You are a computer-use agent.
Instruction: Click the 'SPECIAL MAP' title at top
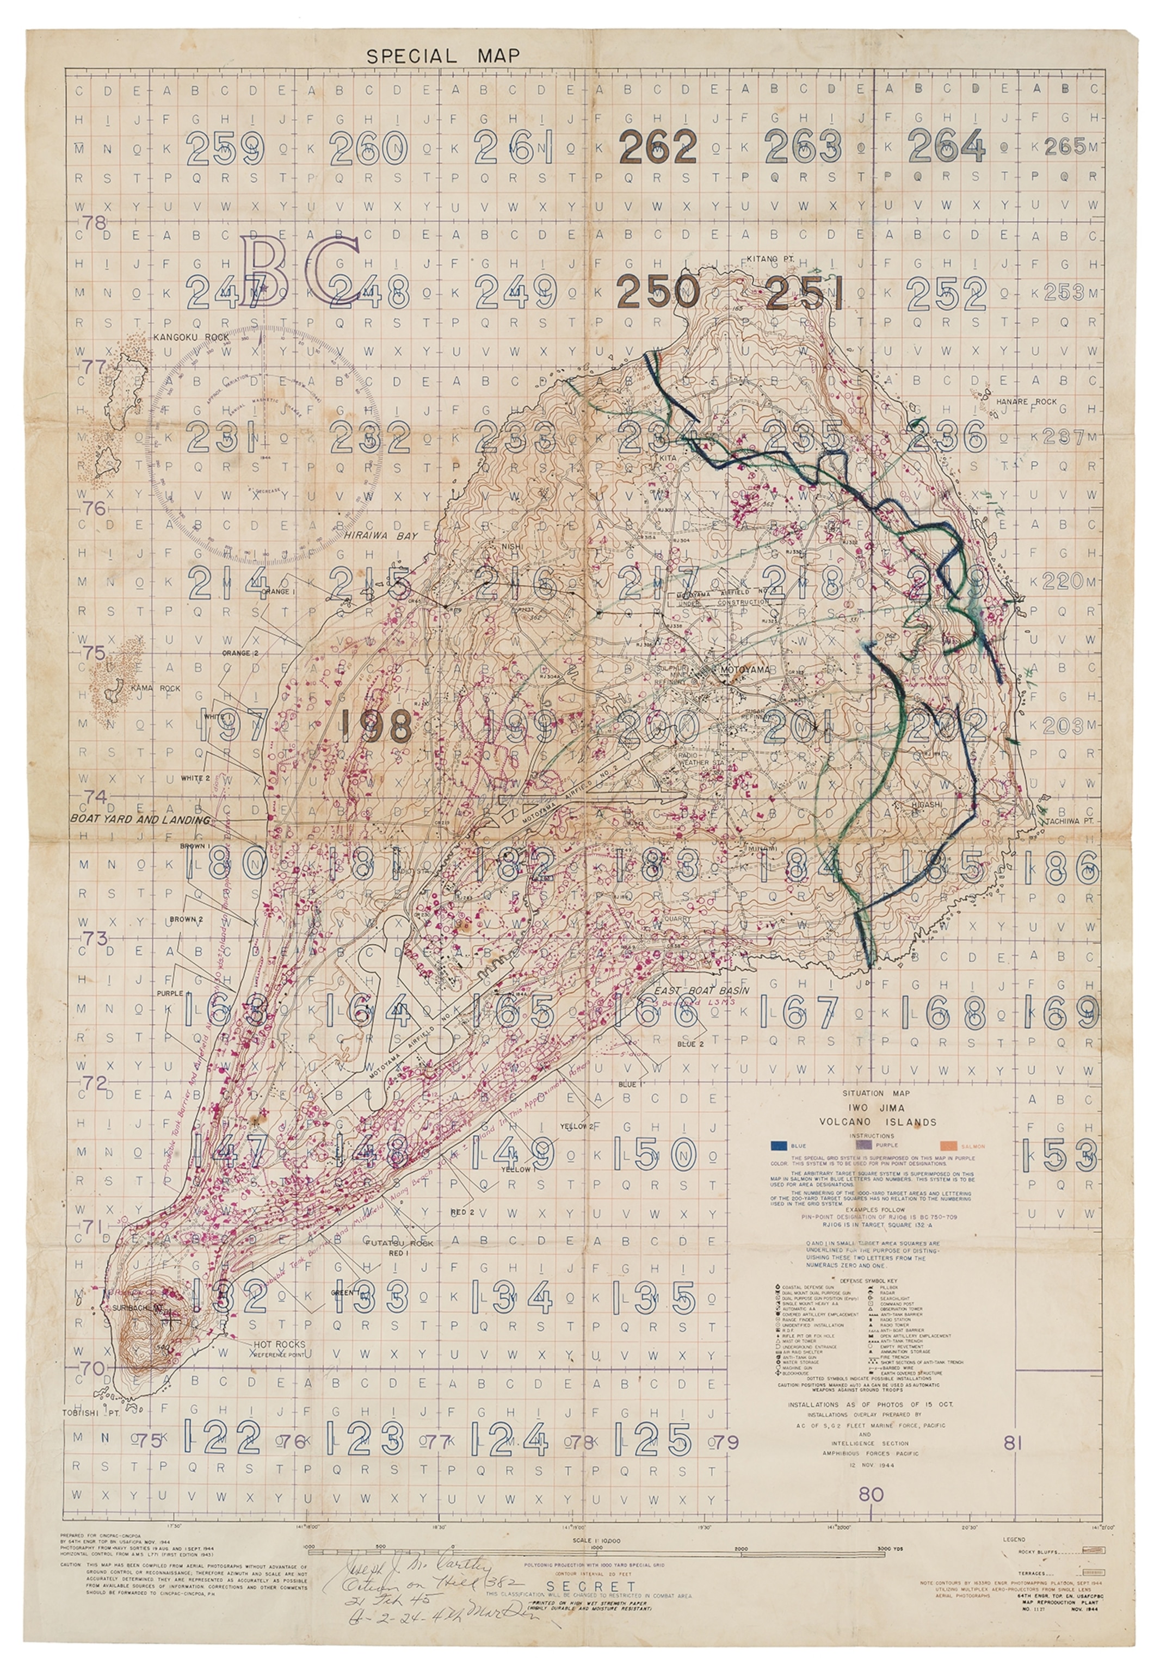pyautogui.click(x=443, y=56)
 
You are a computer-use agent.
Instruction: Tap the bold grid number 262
pyautogui.click(x=657, y=147)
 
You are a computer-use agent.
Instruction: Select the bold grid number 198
pyautogui.click(x=377, y=726)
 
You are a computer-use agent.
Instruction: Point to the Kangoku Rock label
pyautogui.click(x=191, y=337)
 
